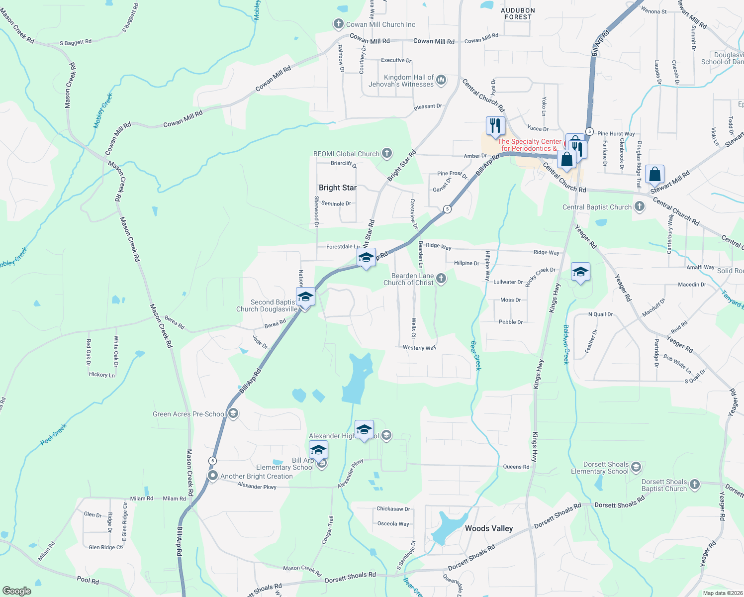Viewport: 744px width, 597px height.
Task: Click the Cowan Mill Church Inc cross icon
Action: pos(338,24)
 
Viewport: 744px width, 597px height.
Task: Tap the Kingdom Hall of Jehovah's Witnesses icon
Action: pos(441,80)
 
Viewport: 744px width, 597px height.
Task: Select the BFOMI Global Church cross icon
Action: pos(387,154)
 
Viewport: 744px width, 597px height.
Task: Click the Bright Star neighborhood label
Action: pos(338,188)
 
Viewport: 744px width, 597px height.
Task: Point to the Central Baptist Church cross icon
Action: pos(639,207)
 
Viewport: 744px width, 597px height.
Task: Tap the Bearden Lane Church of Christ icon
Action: pos(441,279)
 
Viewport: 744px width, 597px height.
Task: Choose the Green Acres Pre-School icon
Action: pos(233,414)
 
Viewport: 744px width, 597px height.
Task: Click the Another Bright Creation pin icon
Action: pos(213,476)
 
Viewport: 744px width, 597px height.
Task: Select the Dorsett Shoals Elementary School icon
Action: pos(636,467)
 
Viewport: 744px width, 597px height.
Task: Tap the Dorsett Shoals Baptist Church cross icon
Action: pos(694,485)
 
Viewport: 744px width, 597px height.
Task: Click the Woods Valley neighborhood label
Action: pos(489,528)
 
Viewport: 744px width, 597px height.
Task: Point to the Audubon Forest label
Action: pos(518,13)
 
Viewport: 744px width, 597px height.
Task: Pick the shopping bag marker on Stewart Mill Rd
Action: pos(655,175)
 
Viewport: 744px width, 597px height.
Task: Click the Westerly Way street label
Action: pos(419,348)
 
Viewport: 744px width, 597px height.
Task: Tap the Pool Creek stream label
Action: pos(54,434)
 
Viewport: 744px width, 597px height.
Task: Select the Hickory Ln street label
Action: pos(102,375)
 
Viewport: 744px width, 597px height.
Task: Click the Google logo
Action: pos(16,591)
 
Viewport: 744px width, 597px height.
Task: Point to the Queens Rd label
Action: pos(516,467)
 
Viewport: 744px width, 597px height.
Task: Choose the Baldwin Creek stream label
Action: pos(566,344)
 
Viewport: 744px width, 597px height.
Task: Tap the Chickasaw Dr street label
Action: pos(393,509)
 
